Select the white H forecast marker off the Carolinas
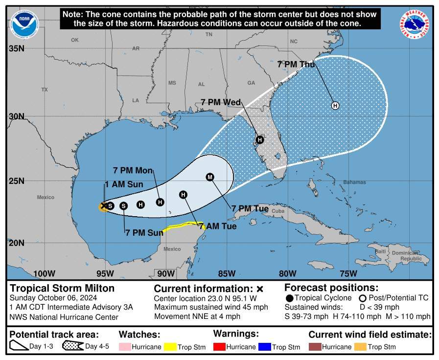pos(335,105)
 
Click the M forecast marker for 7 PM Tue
pos(210,177)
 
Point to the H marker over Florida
pos(260,139)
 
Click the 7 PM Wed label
pos(221,102)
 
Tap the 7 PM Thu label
pos(296,64)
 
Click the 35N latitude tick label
pos(17,48)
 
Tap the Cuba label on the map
pos(278,211)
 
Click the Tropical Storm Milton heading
pos(62,288)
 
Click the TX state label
pos(45,90)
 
